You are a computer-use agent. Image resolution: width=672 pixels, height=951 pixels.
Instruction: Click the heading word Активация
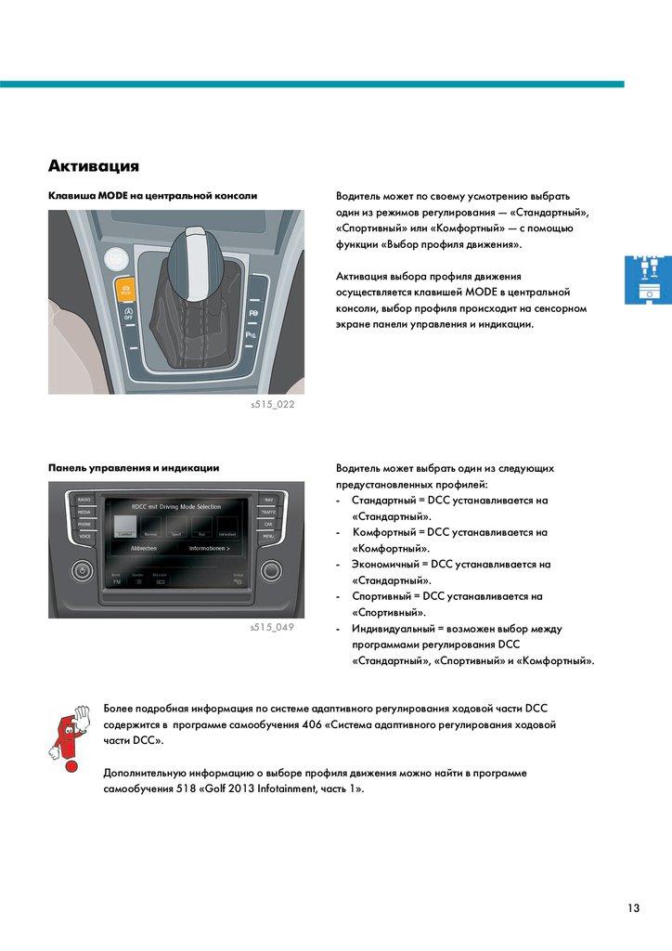[94, 167]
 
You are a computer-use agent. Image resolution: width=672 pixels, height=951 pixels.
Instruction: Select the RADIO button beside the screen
[84, 500]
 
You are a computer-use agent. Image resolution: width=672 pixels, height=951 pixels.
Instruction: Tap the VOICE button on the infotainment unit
[84, 537]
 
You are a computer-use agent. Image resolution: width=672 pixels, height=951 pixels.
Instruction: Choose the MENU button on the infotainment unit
[268, 537]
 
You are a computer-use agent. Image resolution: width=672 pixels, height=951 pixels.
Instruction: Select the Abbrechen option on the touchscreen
[144, 549]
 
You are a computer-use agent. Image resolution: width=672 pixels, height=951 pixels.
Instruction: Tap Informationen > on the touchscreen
[210, 549]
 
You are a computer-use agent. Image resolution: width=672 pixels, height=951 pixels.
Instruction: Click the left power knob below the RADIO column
[83, 568]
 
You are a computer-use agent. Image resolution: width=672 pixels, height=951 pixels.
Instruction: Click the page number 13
[633, 908]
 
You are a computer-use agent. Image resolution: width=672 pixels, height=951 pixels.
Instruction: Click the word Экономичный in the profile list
[382, 564]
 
